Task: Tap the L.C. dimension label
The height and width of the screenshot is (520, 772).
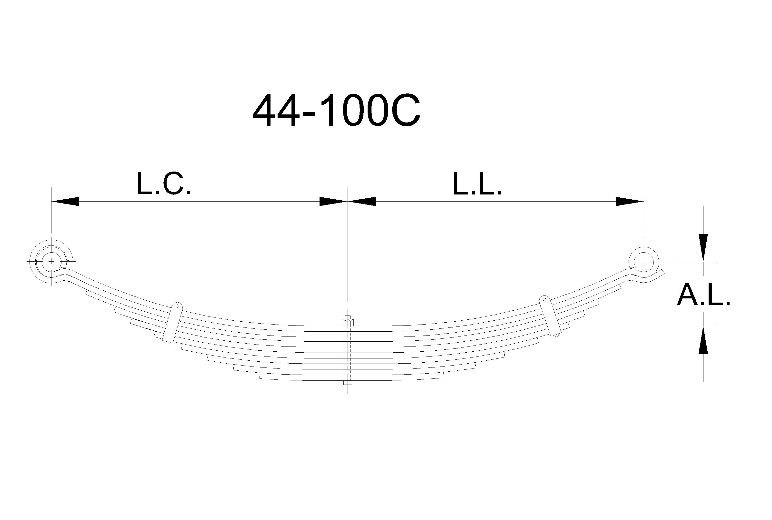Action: click(x=164, y=183)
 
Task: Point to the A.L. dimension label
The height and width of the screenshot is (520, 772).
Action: click(x=703, y=296)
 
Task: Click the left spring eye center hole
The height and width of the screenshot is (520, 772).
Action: click(x=51, y=261)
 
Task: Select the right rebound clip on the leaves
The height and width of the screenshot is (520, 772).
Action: click(x=550, y=316)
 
